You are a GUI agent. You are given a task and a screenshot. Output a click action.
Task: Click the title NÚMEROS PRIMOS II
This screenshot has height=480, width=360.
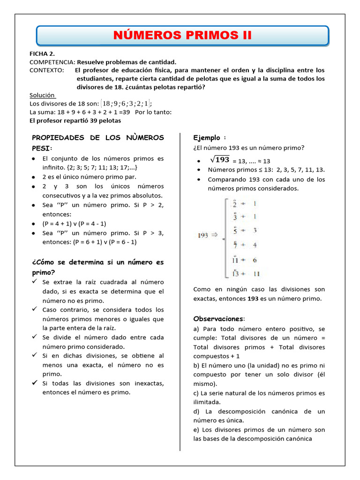point(182,36)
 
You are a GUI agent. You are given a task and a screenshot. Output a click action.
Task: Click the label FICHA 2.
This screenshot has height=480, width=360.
point(43,53)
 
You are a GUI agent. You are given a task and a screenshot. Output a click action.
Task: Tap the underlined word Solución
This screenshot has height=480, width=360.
point(42,95)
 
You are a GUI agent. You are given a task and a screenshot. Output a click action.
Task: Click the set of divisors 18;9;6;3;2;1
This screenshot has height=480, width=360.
point(126,103)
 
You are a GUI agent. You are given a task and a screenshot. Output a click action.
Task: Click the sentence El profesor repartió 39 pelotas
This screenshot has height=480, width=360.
point(75,120)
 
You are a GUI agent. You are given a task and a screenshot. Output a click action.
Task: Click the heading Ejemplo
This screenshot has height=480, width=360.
point(207,138)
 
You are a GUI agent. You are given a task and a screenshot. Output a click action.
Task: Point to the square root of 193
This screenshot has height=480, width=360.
point(218,159)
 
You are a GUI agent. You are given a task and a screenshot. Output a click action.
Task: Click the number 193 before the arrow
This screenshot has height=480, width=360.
point(202,237)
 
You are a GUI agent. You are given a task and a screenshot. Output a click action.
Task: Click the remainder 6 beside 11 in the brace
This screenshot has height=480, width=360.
point(255,260)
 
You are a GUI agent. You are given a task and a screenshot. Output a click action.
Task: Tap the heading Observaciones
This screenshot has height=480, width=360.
point(218,318)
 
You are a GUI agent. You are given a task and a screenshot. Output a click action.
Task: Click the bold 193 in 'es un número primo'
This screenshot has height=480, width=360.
point(253,298)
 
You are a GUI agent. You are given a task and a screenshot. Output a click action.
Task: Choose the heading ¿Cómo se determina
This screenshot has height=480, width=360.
point(97,262)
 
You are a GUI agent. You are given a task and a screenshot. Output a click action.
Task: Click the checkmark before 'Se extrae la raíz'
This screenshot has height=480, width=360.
point(35,282)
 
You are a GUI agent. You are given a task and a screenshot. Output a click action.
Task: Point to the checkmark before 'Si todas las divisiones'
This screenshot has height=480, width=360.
point(35,383)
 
